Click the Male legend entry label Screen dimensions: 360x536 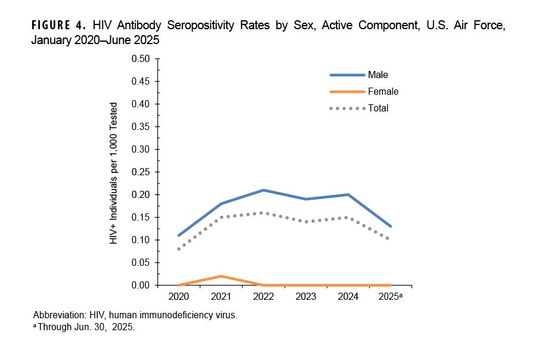(x=378, y=75)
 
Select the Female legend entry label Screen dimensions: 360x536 (x=383, y=92)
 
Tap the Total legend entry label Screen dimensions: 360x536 (x=378, y=108)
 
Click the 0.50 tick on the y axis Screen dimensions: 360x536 (x=141, y=59)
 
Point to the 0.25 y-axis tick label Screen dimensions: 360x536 (x=141, y=172)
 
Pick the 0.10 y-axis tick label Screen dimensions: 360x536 (x=141, y=240)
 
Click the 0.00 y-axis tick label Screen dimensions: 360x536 (x=141, y=285)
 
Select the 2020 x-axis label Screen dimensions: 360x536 (x=179, y=296)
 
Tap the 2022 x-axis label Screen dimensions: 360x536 (x=263, y=296)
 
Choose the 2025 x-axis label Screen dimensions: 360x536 (x=389, y=296)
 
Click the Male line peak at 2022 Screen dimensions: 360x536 (x=263, y=190)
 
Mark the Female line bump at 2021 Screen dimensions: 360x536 (x=221, y=276)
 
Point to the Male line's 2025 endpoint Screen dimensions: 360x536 (x=390, y=226)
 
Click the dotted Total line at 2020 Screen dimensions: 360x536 (x=179, y=249)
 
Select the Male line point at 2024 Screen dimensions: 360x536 (x=348, y=194)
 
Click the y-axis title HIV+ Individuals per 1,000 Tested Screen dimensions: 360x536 (x=114, y=173)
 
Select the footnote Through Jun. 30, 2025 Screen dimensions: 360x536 (x=86, y=327)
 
